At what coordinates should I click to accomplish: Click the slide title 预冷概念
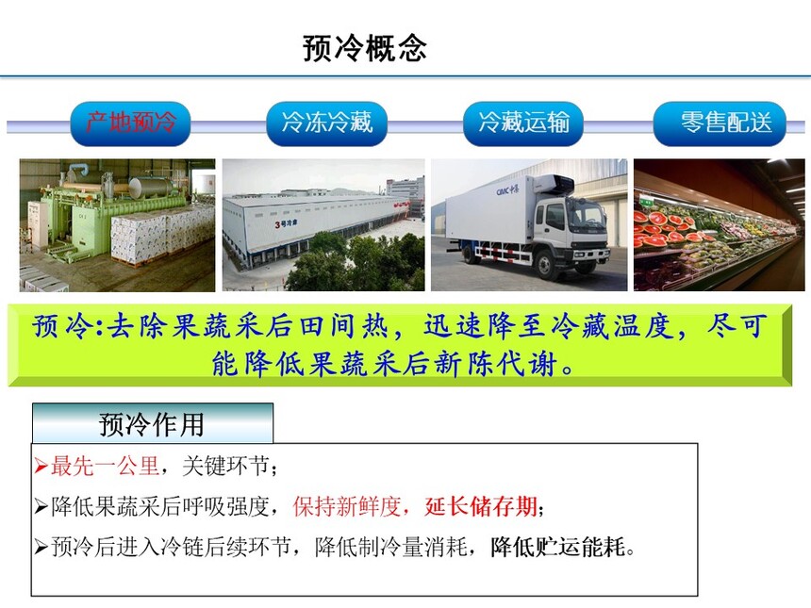tap(365, 49)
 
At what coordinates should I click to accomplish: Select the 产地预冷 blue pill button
tap(130, 124)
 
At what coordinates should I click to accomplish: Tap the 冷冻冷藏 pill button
tap(326, 124)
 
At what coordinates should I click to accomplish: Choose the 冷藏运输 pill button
tap(523, 124)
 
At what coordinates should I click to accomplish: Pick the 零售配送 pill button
tap(720, 124)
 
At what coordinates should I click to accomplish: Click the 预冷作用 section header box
tap(153, 423)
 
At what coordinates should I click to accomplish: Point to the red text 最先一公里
tap(105, 467)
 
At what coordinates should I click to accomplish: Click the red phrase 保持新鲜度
tap(346, 506)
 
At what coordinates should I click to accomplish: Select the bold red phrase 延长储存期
tap(481, 506)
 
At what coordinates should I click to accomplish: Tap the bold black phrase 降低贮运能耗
tap(558, 547)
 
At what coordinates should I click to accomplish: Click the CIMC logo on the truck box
tap(508, 189)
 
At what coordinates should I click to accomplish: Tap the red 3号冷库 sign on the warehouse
tap(286, 223)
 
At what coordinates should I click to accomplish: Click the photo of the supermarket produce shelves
tap(719, 225)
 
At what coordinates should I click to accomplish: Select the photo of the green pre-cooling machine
tap(118, 225)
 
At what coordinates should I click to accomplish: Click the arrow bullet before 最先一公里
tap(41, 467)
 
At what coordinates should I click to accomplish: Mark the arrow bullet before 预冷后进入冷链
tap(41, 547)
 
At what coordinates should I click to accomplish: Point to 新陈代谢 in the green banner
tap(496, 364)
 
